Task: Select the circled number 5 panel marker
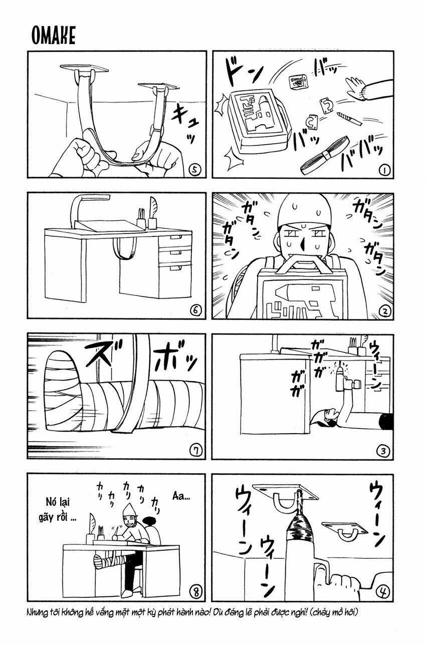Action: point(196,169)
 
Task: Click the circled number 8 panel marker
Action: point(196,592)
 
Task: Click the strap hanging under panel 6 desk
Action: point(125,247)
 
